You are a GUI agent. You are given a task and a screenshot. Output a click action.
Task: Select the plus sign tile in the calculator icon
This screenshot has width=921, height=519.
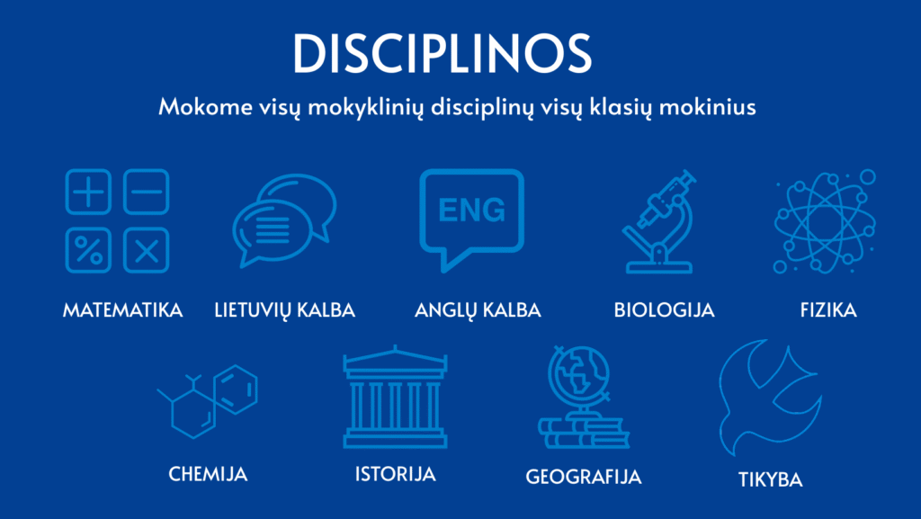pos(88,192)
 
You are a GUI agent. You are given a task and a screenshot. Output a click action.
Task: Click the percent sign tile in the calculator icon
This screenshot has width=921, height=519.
pos(88,249)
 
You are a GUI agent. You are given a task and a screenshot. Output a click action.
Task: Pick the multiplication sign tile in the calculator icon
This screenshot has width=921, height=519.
pos(146,249)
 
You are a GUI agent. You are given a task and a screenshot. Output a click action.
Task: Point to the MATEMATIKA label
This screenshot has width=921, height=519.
pos(122,310)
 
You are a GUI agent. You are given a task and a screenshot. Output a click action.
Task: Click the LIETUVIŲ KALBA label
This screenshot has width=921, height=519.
pos(285,310)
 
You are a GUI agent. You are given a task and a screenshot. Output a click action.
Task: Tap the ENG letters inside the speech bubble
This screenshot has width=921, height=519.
pos(471,210)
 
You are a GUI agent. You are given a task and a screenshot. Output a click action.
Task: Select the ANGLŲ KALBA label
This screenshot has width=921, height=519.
pos(478,310)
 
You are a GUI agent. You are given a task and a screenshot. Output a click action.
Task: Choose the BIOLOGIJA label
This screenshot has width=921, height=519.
pos(664,310)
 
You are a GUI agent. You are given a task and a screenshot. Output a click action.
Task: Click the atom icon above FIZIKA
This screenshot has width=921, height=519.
pos(824,221)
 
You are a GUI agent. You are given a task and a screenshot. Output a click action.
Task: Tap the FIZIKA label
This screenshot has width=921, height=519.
pos(827,310)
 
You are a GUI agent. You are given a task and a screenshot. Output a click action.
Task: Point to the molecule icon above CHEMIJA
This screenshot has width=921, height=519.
pos(208,400)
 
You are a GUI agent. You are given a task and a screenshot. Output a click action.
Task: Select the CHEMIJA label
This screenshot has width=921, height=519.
pos(208,473)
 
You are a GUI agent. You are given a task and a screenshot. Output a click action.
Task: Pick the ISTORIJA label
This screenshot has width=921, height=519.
pos(395,473)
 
